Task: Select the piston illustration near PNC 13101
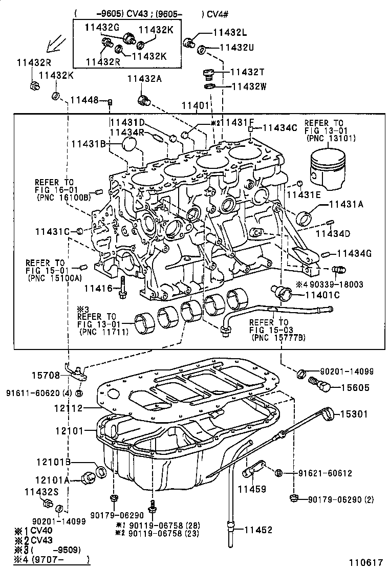pyautogui.click(x=328, y=169)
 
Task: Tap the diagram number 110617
pyautogui.click(x=365, y=561)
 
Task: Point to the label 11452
pyautogui.click(x=258, y=530)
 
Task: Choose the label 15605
pyautogui.click(x=353, y=388)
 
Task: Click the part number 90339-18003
pyautogui.click(x=336, y=283)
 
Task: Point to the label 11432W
pyautogui.click(x=249, y=86)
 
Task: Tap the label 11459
pyautogui.click(x=252, y=490)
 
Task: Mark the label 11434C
pyautogui.click(x=279, y=127)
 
